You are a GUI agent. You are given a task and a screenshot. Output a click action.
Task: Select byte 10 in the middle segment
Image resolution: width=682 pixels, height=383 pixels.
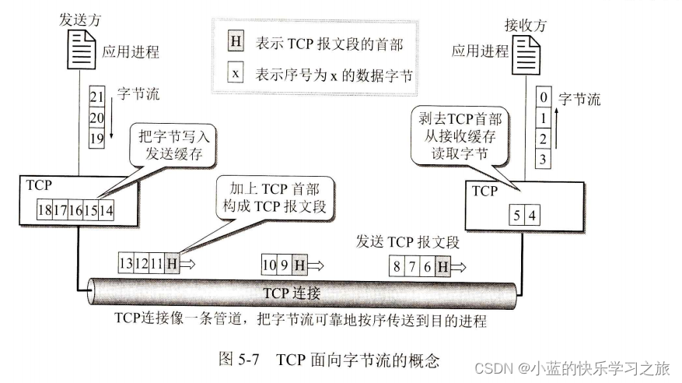point(268,265)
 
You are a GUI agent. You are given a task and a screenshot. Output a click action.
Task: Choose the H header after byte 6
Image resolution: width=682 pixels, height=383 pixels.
point(442,267)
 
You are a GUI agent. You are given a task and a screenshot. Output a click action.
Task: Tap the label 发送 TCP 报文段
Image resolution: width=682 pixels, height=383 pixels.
point(407,242)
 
